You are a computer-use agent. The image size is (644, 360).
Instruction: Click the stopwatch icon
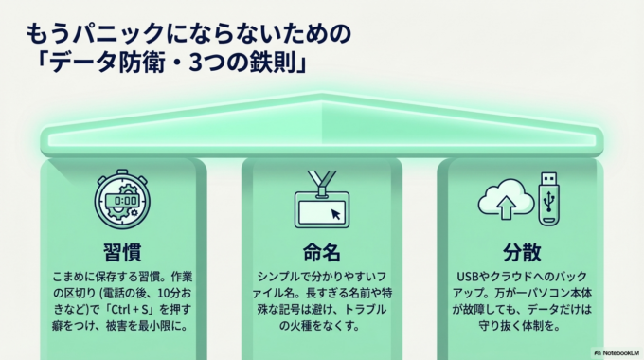[122, 200]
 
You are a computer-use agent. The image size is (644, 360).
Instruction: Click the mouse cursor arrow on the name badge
[334, 214]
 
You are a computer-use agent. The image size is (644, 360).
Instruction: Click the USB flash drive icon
[551, 198]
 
